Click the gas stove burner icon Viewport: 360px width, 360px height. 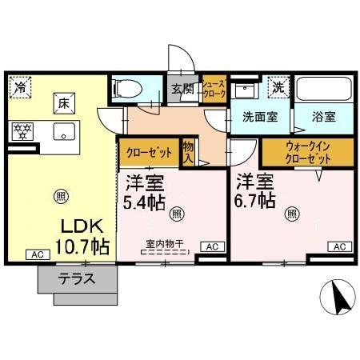pos(22,130)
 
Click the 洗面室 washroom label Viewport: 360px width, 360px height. pos(260,117)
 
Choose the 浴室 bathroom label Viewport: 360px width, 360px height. pos(324,117)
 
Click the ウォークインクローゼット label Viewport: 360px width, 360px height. pos(308,152)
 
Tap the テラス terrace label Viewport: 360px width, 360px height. pos(77,279)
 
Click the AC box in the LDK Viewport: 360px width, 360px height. pos(36,254)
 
